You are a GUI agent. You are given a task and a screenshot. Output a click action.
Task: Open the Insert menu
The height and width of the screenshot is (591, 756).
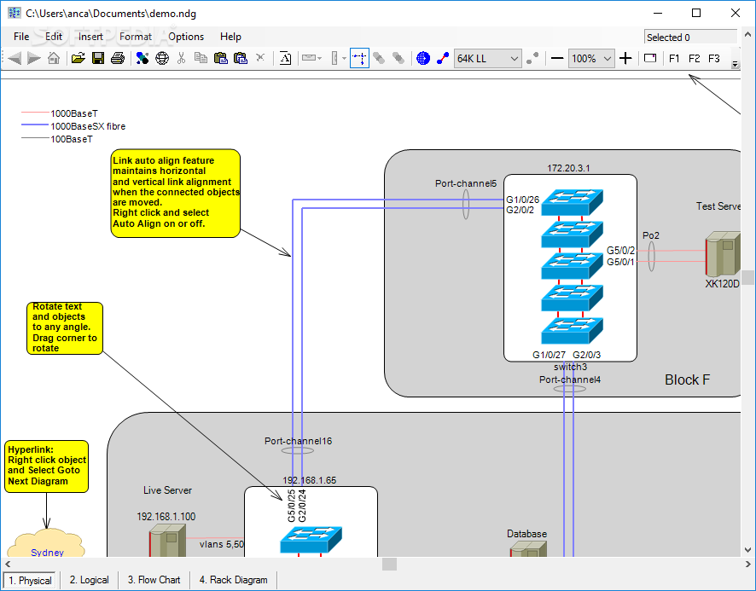click(90, 37)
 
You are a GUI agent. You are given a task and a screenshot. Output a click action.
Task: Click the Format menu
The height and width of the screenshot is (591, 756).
click(136, 37)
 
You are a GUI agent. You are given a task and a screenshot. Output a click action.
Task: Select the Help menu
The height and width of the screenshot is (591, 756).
click(230, 37)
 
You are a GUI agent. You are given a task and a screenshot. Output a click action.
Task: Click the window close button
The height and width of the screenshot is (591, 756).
click(736, 13)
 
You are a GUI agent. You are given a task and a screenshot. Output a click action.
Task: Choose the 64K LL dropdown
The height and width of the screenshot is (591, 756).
click(488, 58)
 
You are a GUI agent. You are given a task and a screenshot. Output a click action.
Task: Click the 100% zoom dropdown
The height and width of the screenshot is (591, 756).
click(592, 58)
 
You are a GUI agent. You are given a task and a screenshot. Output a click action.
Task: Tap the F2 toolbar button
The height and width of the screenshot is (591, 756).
click(694, 58)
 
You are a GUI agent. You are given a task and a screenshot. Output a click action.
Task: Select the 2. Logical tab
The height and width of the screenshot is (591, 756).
click(90, 580)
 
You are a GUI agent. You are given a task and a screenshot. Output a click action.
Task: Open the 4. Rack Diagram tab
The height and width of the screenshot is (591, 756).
click(233, 580)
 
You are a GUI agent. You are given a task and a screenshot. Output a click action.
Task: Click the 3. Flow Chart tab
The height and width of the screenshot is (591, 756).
click(154, 580)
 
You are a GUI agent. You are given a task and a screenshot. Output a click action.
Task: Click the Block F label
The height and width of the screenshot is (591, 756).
click(687, 380)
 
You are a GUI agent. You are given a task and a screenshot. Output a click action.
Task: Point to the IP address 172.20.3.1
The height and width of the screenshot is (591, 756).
click(569, 168)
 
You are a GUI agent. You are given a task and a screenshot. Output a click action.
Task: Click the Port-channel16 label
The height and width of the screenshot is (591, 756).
click(298, 441)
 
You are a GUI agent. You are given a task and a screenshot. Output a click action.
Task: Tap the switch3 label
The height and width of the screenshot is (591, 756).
click(570, 367)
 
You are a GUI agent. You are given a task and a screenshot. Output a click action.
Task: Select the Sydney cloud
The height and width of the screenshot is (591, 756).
click(47, 550)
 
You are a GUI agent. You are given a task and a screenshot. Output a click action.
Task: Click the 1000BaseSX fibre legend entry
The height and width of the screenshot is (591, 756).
click(88, 126)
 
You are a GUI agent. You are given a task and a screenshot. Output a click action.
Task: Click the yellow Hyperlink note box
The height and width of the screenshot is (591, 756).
click(46, 466)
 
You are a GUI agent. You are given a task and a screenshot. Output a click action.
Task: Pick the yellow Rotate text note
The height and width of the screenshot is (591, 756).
click(65, 327)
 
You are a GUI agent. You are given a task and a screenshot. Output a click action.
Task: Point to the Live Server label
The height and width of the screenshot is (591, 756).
click(167, 490)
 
